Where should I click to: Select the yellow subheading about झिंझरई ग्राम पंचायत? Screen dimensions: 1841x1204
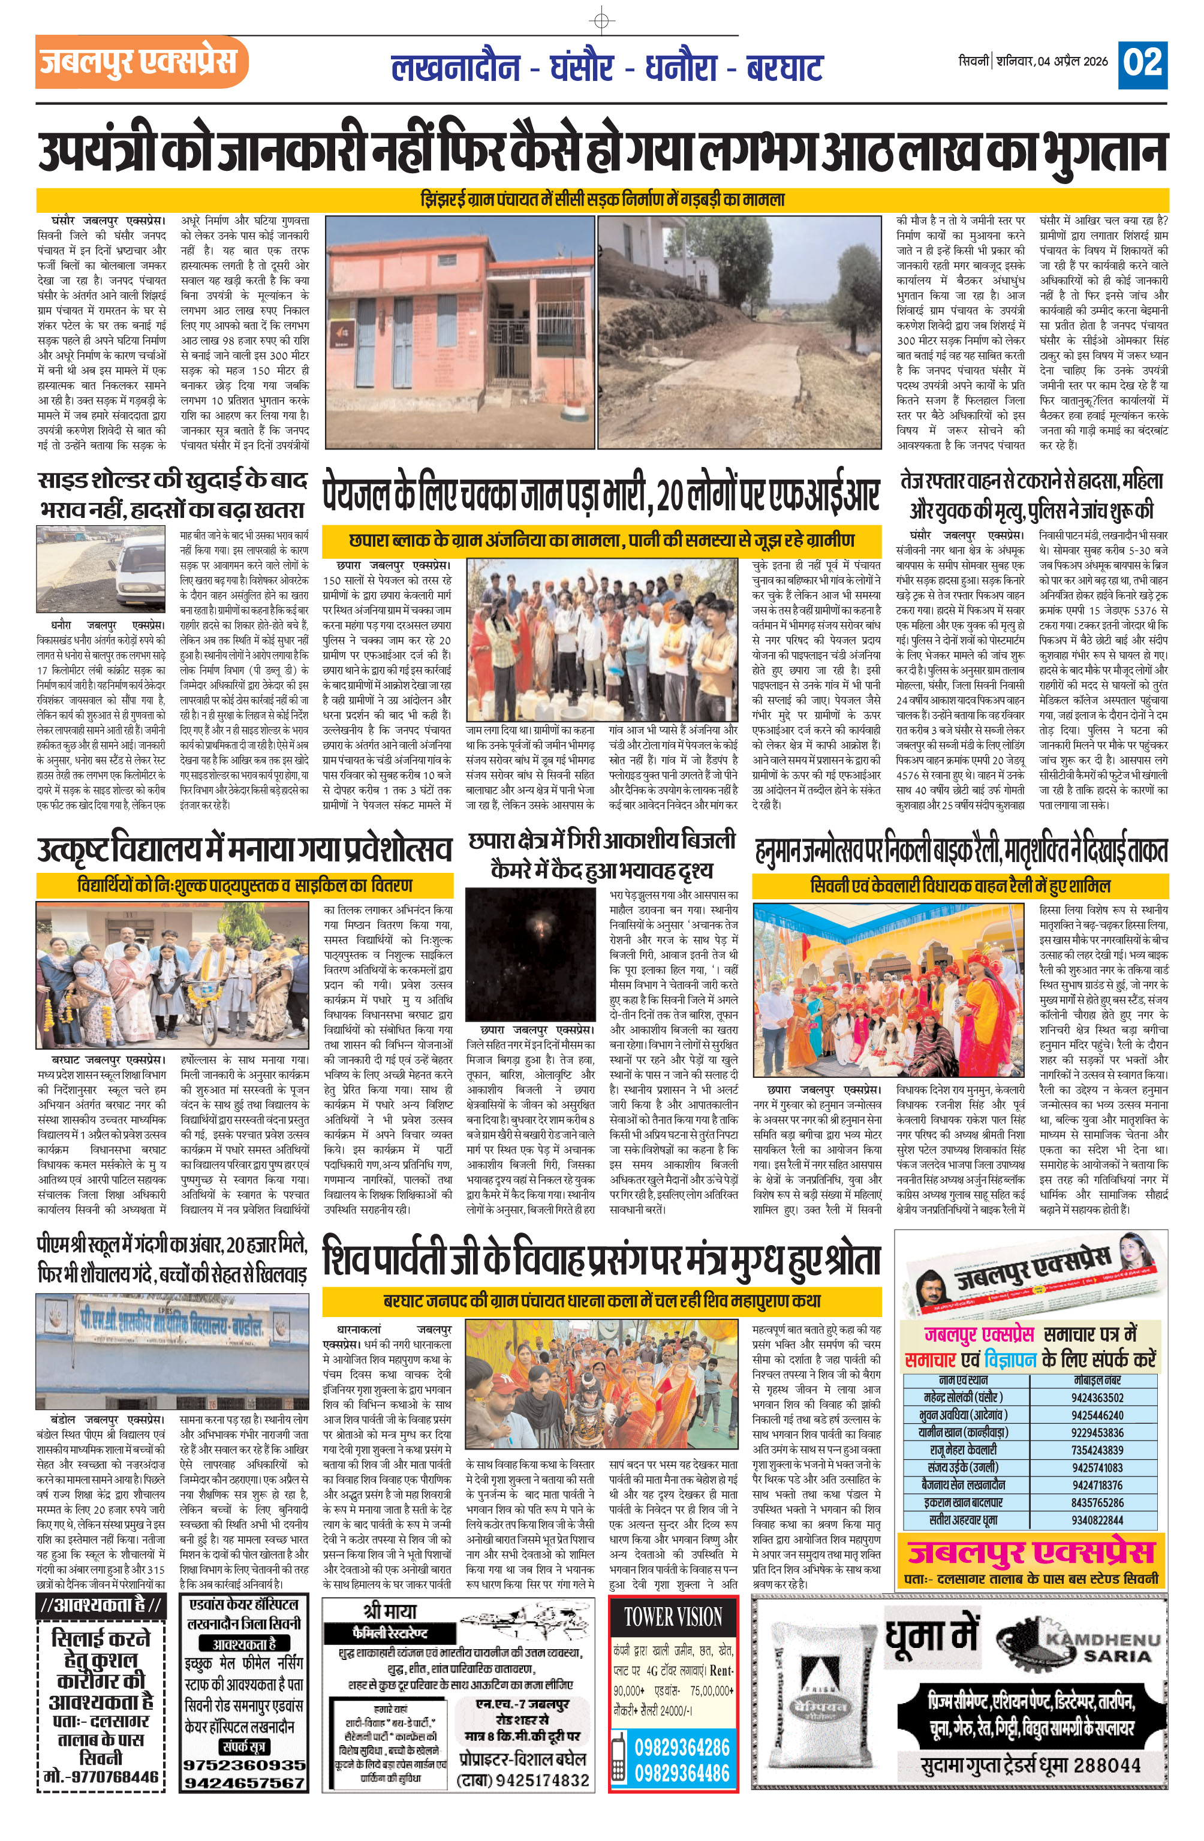(x=602, y=200)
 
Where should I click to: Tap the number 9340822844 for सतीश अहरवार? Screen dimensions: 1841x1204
(x=1097, y=1520)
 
